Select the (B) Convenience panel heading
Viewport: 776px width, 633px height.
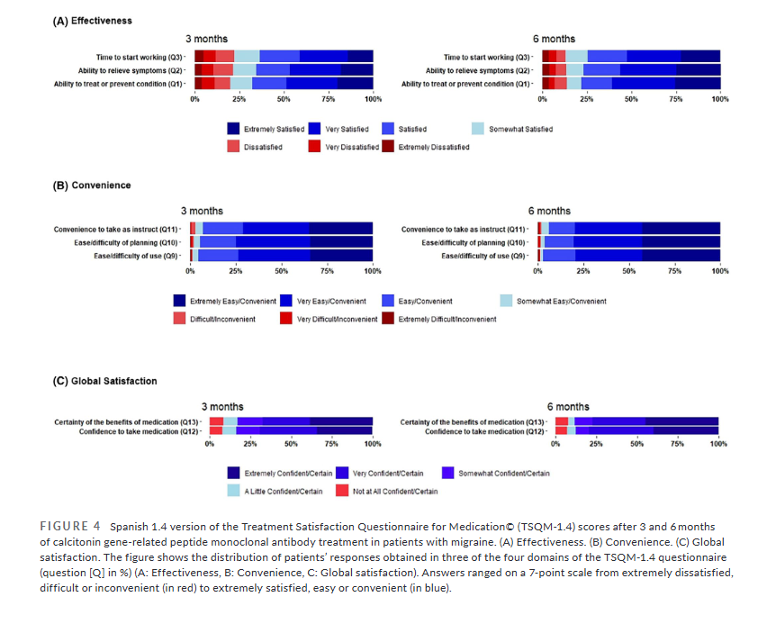click(x=91, y=185)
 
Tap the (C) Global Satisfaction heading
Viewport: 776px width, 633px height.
click(x=104, y=381)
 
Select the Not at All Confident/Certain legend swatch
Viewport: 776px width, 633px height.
click(x=342, y=491)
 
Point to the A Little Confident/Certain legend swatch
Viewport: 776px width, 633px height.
click(x=234, y=491)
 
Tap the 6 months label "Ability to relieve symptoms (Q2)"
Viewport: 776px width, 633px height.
click(x=477, y=70)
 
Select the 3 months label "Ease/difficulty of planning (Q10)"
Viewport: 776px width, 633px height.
click(x=127, y=242)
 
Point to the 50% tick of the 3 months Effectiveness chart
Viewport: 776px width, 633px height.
click(x=284, y=98)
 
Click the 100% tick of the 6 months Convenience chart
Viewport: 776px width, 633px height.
click(x=719, y=270)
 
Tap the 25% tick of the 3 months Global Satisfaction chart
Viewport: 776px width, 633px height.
click(x=250, y=444)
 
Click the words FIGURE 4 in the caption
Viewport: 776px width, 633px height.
click(x=68, y=525)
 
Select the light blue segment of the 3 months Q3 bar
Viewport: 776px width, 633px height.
click(x=247, y=56)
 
